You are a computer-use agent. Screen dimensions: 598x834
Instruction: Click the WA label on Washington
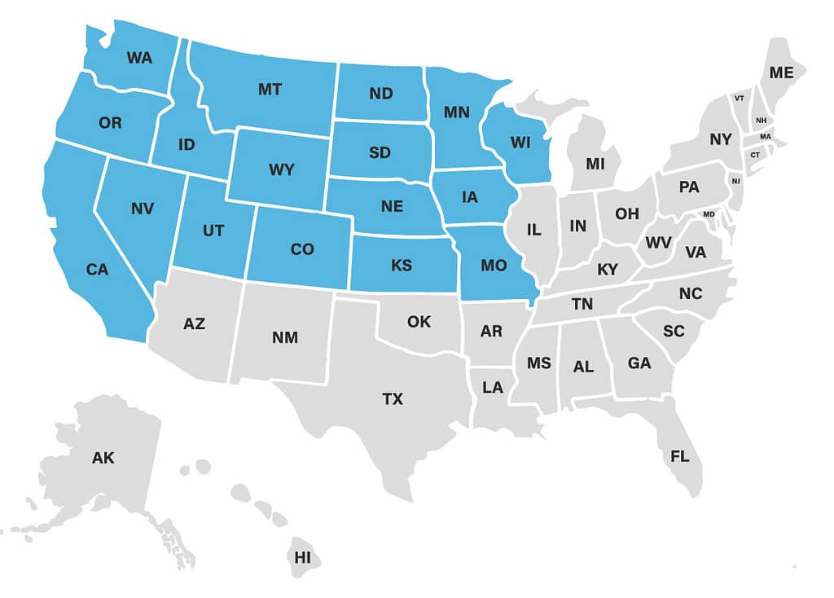139,58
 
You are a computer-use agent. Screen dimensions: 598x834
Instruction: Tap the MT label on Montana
270,90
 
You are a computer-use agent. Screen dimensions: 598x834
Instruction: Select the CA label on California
97,270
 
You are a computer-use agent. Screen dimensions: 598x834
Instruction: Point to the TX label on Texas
393,399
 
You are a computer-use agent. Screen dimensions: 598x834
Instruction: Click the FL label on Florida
680,456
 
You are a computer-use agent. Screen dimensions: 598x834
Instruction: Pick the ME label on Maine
781,73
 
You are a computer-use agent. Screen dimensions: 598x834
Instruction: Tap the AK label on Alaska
103,458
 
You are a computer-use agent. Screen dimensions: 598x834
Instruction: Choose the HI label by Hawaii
303,557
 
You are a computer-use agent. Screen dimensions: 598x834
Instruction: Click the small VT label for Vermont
740,98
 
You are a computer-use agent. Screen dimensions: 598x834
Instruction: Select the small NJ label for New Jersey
736,180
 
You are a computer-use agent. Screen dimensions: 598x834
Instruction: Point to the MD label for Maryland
709,214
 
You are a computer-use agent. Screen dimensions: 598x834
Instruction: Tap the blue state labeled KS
402,266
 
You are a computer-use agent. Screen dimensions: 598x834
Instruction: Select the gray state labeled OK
419,322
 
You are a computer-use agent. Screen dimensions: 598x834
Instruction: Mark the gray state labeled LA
493,388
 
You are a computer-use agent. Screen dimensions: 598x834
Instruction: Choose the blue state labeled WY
282,171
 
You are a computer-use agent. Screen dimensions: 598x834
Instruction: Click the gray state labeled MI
595,163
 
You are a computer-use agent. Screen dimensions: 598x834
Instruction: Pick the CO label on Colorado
301,249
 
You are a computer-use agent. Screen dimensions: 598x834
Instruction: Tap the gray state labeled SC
674,331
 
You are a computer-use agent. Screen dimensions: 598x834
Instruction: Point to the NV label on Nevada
142,209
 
